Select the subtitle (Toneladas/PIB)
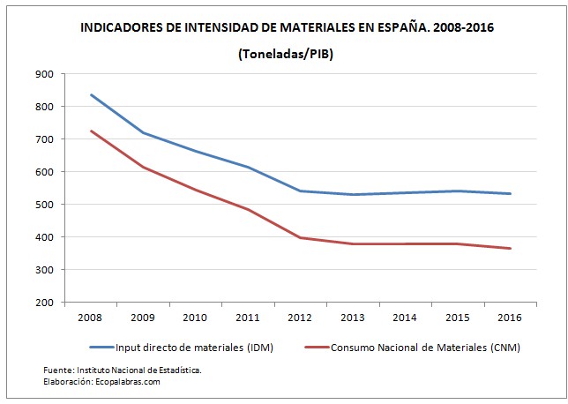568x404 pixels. tap(284, 55)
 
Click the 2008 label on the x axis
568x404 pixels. tap(92, 318)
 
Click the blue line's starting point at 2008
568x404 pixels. tap(92, 94)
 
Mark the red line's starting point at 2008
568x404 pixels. tap(92, 131)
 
